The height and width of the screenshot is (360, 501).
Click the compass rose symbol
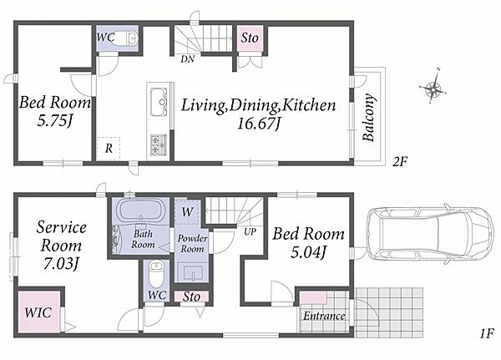click(x=433, y=87)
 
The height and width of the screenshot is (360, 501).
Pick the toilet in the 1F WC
click(x=156, y=275)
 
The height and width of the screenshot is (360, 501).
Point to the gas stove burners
click(x=159, y=145)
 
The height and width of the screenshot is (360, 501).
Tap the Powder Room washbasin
click(x=193, y=271)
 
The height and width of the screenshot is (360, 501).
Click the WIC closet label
click(x=38, y=312)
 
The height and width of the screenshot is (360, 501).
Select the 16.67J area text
click(x=259, y=123)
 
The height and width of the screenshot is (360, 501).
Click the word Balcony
click(x=368, y=117)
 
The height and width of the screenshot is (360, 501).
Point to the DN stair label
click(x=188, y=59)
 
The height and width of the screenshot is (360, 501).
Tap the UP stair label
click(x=250, y=231)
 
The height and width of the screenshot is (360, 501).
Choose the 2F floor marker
click(x=400, y=162)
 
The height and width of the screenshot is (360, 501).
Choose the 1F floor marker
click(x=487, y=334)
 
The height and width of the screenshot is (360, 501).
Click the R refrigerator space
click(x=109, y=149)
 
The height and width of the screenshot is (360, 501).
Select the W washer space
click(x=188, y=211)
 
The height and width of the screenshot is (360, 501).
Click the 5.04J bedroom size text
click(x=308, y=252)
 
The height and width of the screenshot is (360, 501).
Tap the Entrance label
click(x=324, y=317)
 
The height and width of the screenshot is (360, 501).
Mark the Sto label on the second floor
click(x=250, y=38)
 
